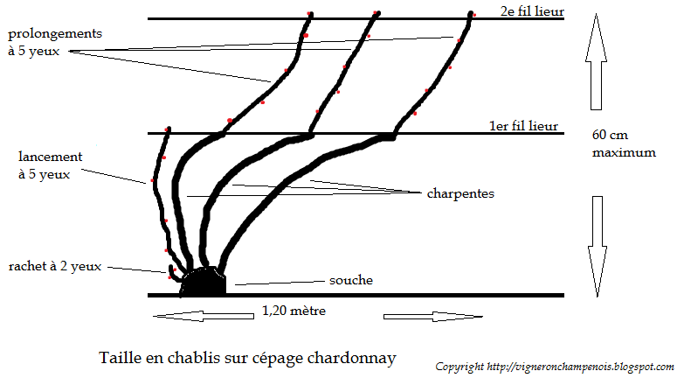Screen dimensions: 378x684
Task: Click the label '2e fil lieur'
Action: tap(532, 12)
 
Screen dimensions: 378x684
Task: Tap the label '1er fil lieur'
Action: tap(523, 126)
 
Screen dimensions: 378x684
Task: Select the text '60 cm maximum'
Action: tap(623, 143)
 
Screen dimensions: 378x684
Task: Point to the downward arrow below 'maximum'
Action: tap(597, 246)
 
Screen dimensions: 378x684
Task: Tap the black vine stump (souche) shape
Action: tap(204, 282)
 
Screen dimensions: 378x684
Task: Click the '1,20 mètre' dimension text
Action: tap(295, 311)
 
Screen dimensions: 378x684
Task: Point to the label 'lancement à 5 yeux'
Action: tap(51, 164)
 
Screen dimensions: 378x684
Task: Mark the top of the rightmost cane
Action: tap(472, 14)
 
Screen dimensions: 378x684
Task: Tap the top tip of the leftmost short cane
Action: tap(168, 130)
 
